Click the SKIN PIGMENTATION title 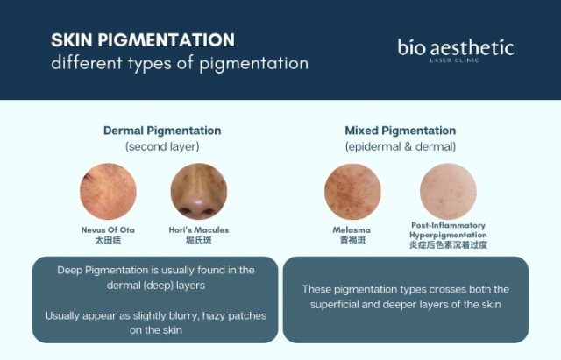click(x=142, y=40)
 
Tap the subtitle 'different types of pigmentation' click(x=179, y=64)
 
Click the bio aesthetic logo click(x=455, y=46)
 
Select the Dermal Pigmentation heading click(x=162, y=131)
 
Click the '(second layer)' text click(x=162, y=146)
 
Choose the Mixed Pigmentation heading click(x=400, y=131)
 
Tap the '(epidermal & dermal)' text click(x=400, y=146)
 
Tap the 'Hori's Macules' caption click(x=197, y=229)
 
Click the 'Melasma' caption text click(x=352, y=229)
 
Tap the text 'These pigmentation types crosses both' click(x=405, y=289)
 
